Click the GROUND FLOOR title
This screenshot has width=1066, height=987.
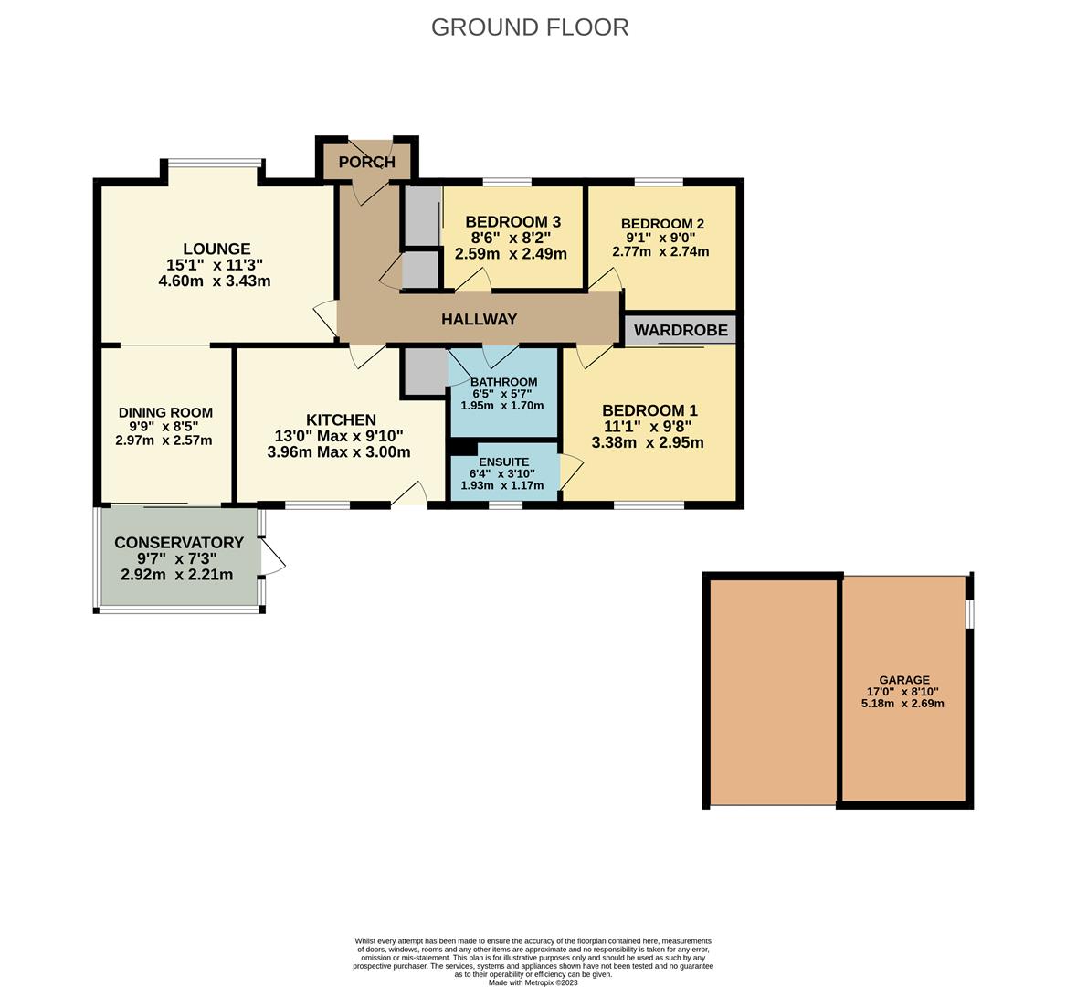point(530,27)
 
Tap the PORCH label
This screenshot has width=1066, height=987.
point(366,163)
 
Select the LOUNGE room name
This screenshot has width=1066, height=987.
point(216,249)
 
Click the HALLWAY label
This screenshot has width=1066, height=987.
point(479,319)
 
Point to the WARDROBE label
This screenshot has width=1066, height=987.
point(681,330)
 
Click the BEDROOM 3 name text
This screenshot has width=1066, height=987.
point(512,222)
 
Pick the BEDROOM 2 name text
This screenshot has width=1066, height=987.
point(662,224)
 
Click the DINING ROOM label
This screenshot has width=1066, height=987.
point(165,412)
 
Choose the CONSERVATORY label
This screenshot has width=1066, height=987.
point(179,543)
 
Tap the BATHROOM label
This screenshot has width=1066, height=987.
point(503,382)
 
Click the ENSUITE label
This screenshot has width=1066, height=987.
point(503,462)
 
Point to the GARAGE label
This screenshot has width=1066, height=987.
point(904,680)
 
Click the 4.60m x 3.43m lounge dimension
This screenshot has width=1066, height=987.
point(215,281)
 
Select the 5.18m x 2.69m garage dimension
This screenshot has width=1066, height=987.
point(902,704)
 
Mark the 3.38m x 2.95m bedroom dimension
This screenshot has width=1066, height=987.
point(648,443)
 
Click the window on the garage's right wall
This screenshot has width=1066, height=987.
point(970,614)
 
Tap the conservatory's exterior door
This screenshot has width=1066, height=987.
point(272,557)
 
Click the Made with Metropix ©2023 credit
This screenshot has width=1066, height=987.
point(533,982)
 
